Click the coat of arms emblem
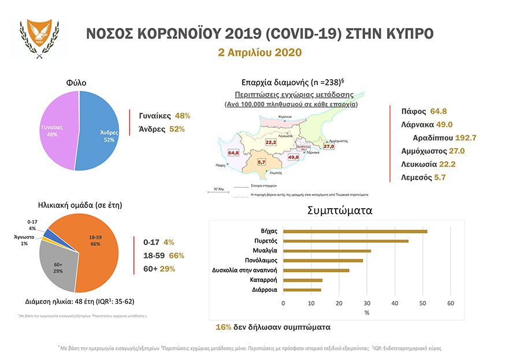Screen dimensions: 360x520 (x=39, y=39)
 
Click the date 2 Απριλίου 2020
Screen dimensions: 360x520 (x=259, y=52)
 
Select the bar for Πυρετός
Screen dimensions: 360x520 (x=346, y=241)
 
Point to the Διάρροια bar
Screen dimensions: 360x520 (x=302, y=290)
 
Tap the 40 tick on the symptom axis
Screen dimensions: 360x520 (x=395, y=302)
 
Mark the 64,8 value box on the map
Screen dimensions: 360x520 (x=234, y=153)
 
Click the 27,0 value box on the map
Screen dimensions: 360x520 (x=329, y=147)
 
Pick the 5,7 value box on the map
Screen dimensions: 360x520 (x=261, y=162)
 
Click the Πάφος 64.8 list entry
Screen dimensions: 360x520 (x=424, y=111)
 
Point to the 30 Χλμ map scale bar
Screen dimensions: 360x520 (x=215, y=188)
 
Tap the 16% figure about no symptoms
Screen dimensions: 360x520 (x=223, y=327)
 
